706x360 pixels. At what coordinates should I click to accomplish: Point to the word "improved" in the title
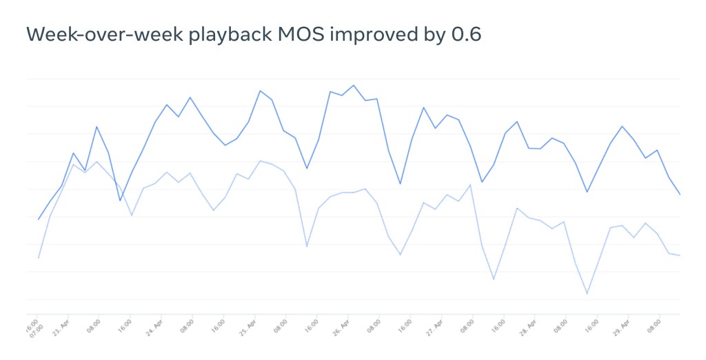click(x=362, y=34)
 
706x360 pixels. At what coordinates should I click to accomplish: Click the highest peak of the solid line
click(x=354, y=86)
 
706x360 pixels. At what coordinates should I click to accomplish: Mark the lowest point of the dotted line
click(x=587, y=294)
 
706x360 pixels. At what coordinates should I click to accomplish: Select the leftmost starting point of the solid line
click(x=38, y=219)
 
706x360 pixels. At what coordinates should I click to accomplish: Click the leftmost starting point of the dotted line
click(x=38, y=258)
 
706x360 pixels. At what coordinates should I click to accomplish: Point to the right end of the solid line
click(x=680, y=194)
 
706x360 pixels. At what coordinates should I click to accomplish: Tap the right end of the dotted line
click(x=680, y=256)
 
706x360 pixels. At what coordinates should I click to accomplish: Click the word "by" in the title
click(x=432, y=34)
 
